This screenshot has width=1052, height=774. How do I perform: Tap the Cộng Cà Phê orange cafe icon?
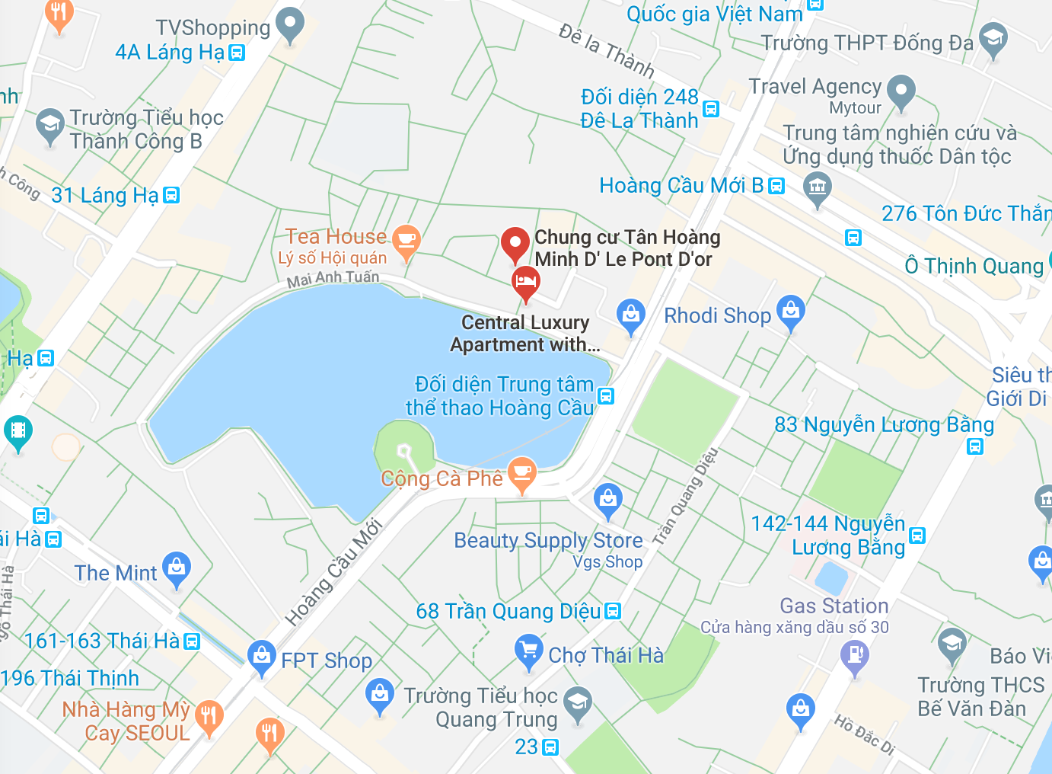tap(522, 472)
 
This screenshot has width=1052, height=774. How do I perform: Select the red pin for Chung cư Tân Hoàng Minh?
tap(515, 244)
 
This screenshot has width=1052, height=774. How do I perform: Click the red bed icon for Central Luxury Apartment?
tap(525, 283)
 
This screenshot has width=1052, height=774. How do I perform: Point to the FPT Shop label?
tap(327, 660)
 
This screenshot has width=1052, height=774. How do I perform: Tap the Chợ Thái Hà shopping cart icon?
tap(528, 652)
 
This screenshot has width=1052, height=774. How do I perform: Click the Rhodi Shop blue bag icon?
tap(791, 311)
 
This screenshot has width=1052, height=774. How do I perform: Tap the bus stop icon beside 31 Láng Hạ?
tap(172, 195)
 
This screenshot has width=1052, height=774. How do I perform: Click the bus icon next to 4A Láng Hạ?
tap(237, 53)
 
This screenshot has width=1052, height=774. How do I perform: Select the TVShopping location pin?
tap(289, 24)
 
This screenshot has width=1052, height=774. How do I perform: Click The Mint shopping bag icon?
tap(177, 568)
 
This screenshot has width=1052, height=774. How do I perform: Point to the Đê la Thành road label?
tap(606, 50)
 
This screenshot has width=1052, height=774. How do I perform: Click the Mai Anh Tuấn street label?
tap(333, 279)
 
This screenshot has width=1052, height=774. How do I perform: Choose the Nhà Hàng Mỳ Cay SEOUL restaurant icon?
tap(208, 717)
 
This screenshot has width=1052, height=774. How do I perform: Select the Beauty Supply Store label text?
tap(548, 540)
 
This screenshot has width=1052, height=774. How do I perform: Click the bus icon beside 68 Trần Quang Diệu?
tap(613, 612)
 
